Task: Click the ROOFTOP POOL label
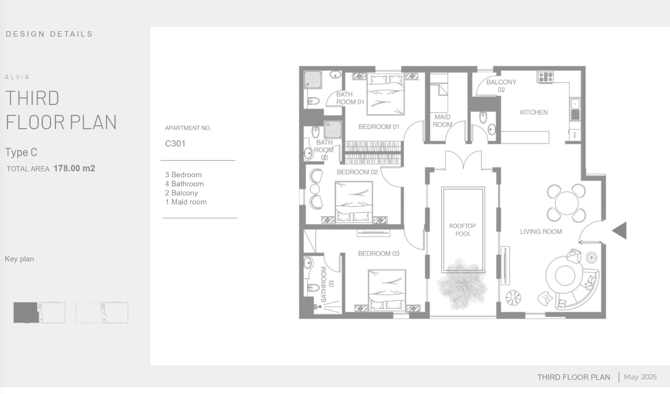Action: [x=462, y=230]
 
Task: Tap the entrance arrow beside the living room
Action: [x=619, y=231]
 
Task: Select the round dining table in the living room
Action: [x=567, y=203]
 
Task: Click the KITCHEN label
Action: [x=534, y=112]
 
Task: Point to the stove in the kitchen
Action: [x=545, y=77]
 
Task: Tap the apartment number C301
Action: [x=175, y=144]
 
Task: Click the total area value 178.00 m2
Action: [x=74, y=168]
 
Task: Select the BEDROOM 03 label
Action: [x=379, y=253]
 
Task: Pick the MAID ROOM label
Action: [x=443, y=121]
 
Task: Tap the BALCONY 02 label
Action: [x=501, y=86]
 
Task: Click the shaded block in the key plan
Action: [x=26, y=312]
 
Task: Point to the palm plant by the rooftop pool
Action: [x=462, y=285]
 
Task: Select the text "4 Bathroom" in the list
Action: [x=184, y=184]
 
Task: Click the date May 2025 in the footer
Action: [x=640, y=377]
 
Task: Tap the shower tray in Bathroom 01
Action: [x=313, y=80]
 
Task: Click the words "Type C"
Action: [x=21, y=152]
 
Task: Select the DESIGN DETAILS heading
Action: [x=49, y=34]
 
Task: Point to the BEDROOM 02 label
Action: [x=357, y=172]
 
